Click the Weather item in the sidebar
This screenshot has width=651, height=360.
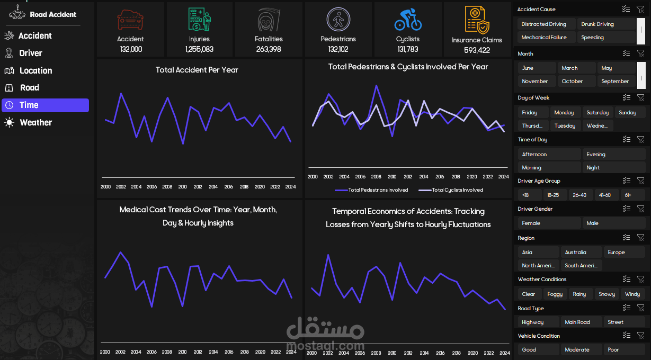coord(35,122)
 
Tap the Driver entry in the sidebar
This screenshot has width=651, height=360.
coord(30,53)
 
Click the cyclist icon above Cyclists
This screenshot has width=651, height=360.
coord(408,20)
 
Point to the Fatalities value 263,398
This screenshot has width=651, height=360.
coord(269,49)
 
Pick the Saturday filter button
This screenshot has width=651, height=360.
coord(598,113)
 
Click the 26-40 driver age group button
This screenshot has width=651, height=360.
coord(579,195)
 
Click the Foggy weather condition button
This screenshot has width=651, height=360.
coord(555,294)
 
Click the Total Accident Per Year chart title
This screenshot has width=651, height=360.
coord(197,70)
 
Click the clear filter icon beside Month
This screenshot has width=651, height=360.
coord(640,53)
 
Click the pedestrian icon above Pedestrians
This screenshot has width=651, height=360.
coord(338,20)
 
